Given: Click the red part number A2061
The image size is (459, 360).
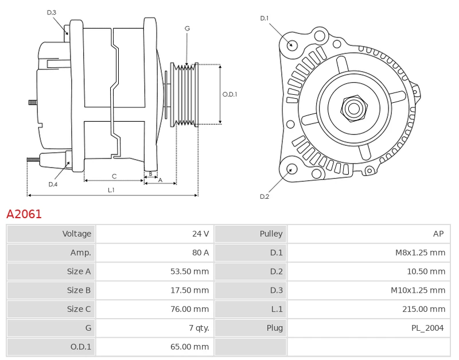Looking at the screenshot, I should pyautogui.click(x=24, y=214).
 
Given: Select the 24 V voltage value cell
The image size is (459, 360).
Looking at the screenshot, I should pyautogui.click(x=200, y=234).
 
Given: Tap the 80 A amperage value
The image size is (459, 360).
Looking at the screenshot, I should pyautogui.click(x=200, y=253).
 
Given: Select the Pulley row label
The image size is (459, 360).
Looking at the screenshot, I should pyautogui.click(x=271, y=234).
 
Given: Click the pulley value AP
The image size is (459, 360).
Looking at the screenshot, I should pyautogui.click(x=438, y=234).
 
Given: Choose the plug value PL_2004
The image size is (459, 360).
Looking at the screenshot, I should pyautogui.click(x=428, y=328).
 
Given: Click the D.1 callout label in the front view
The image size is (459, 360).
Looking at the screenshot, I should pyautogui.click(x=264, y=18).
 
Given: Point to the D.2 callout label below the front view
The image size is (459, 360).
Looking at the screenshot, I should pyautogui.click(x=264, y=197).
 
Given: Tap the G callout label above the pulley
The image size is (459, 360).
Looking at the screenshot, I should pyautogui.click(x=188, y=28).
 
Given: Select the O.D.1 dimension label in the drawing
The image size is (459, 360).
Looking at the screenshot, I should pyautogui.click(x=229, y=95).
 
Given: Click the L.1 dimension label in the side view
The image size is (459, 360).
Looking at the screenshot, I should pyautogui.click(x=111, y=189).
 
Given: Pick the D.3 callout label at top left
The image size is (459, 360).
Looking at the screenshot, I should pyautogui.click(x=52, y=12).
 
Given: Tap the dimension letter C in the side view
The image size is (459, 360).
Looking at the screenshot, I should pyautogui.click(x=114, y=176).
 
